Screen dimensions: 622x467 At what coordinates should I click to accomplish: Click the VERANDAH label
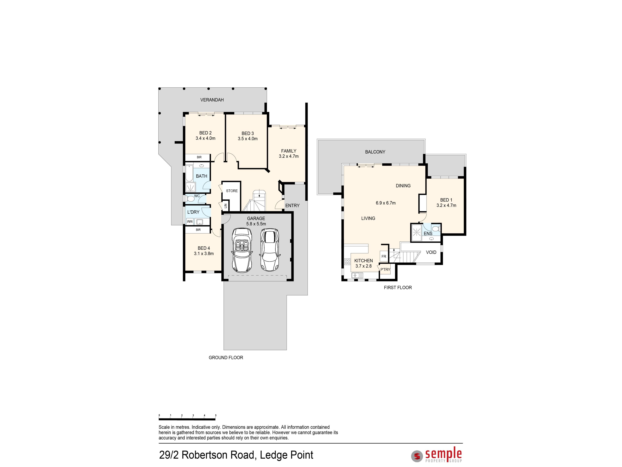212,100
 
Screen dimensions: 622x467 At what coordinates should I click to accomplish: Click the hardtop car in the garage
270,249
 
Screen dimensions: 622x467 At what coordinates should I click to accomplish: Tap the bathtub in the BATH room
189,173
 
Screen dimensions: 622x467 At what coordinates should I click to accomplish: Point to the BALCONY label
375,152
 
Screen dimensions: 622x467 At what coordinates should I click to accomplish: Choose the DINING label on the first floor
403,186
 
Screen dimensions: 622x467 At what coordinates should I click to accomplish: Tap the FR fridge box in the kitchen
384,256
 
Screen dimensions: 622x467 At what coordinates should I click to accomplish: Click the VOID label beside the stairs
431,252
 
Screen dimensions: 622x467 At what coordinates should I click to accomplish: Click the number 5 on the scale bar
216,415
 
